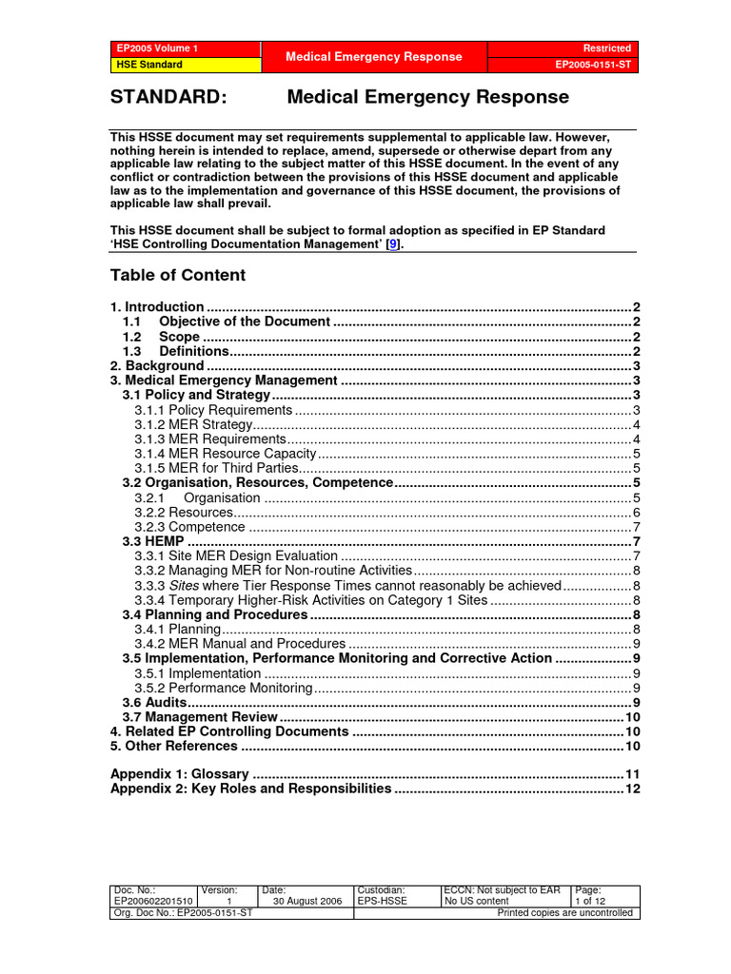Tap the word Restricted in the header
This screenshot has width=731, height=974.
(607, 49)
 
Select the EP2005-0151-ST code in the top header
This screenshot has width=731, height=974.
(593, 66)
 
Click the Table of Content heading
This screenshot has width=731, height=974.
(178, 275)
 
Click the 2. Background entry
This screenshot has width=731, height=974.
(157, 366)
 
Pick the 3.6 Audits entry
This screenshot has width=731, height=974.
(154, 702)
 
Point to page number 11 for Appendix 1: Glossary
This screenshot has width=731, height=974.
(632, 774)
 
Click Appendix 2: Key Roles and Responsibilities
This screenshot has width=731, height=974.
(250, 789)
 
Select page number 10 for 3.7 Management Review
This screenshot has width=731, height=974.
(632, 717)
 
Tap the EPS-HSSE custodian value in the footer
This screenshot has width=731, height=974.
(382, 901)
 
